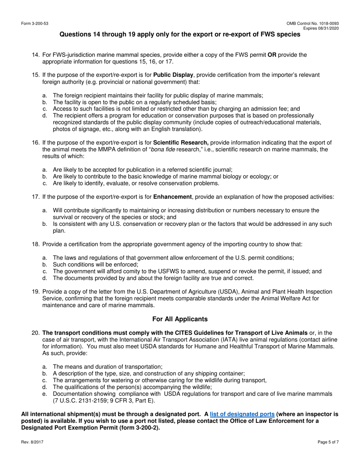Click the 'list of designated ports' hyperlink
[242, 414]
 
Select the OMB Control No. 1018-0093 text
[313, 24]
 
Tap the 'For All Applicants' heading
[180, 319]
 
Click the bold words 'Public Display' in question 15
[173, 75]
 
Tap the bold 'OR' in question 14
[272, 55]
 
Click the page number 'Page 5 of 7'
[328, 442]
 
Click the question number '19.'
[36, 292]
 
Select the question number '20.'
[36, 333]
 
